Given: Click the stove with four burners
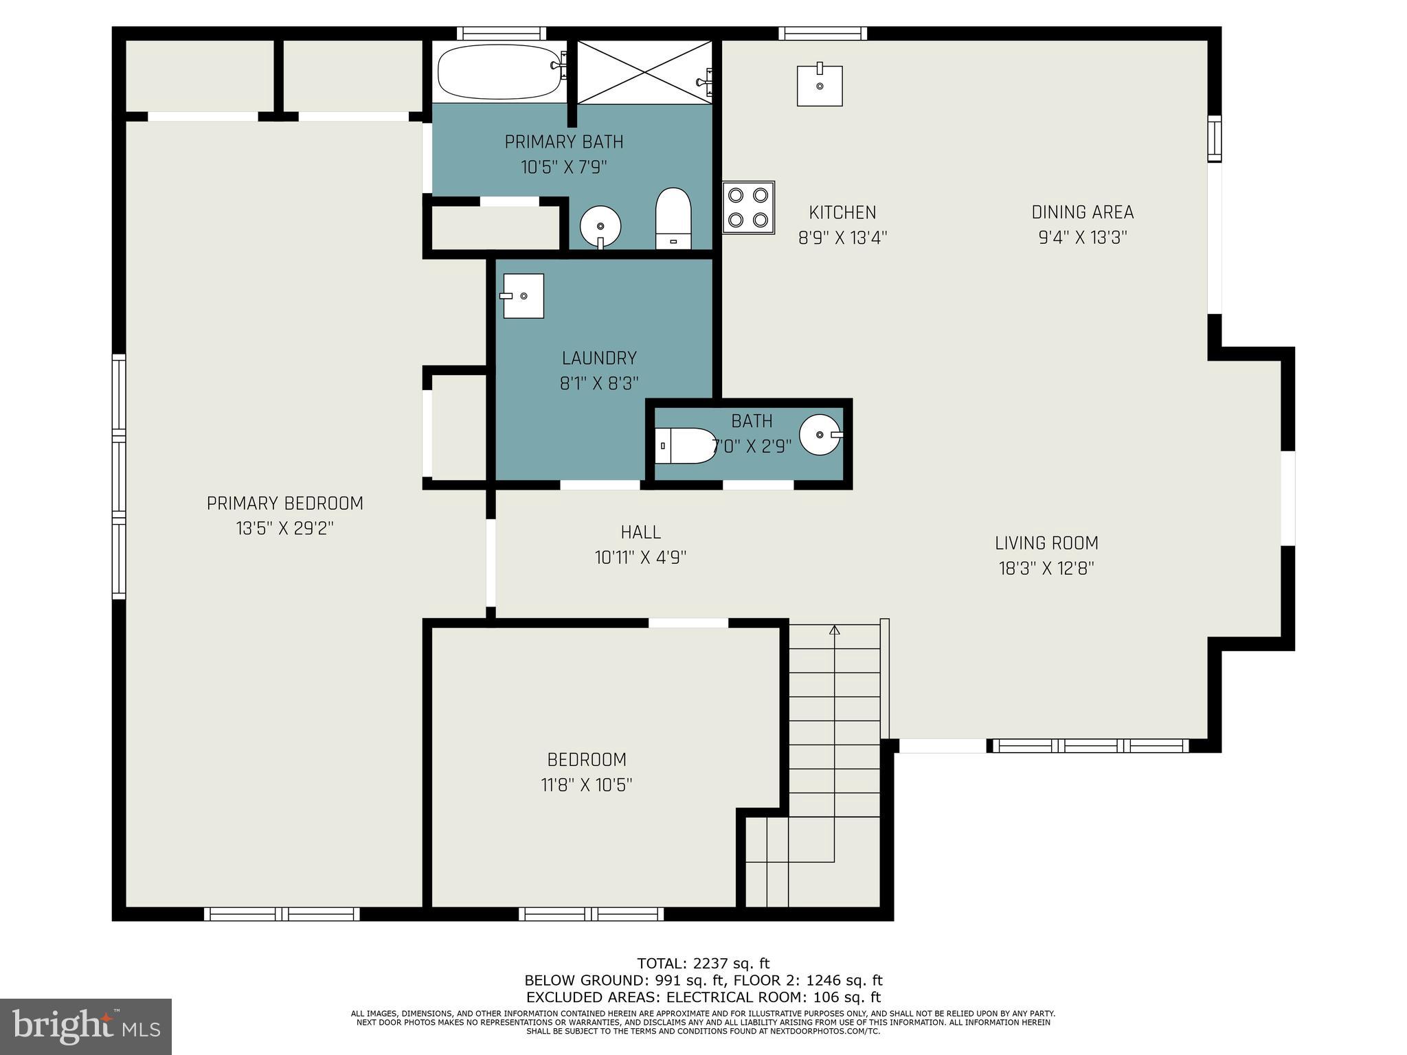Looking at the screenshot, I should (x=748, y=207).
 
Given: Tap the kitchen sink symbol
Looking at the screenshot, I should (x=819, y=86).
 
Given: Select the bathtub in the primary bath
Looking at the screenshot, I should (x=499, y=71).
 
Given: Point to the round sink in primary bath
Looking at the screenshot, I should (x=600, y=226).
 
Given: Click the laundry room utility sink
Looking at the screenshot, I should (x=523, y=296).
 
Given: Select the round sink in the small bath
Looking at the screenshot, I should (x=820, y=435).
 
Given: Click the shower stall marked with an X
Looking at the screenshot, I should (x=644, y=72).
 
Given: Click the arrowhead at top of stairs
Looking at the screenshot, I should (x=835, y=629).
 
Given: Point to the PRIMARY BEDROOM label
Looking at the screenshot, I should (x=284, y=503).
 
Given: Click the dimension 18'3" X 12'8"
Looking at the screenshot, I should (x=1046, y=569).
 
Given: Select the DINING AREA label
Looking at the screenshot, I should (x=1082, y=212).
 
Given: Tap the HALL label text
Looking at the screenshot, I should (x=640, y=532).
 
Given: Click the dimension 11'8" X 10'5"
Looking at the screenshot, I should (x=586, y=785).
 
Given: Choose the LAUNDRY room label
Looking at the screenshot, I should (x=599, y=358).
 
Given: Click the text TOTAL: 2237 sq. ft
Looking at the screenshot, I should (x=703, y=964).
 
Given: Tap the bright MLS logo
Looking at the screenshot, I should (x=86, y=1027).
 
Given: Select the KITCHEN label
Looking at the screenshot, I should (x=842, y=213).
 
